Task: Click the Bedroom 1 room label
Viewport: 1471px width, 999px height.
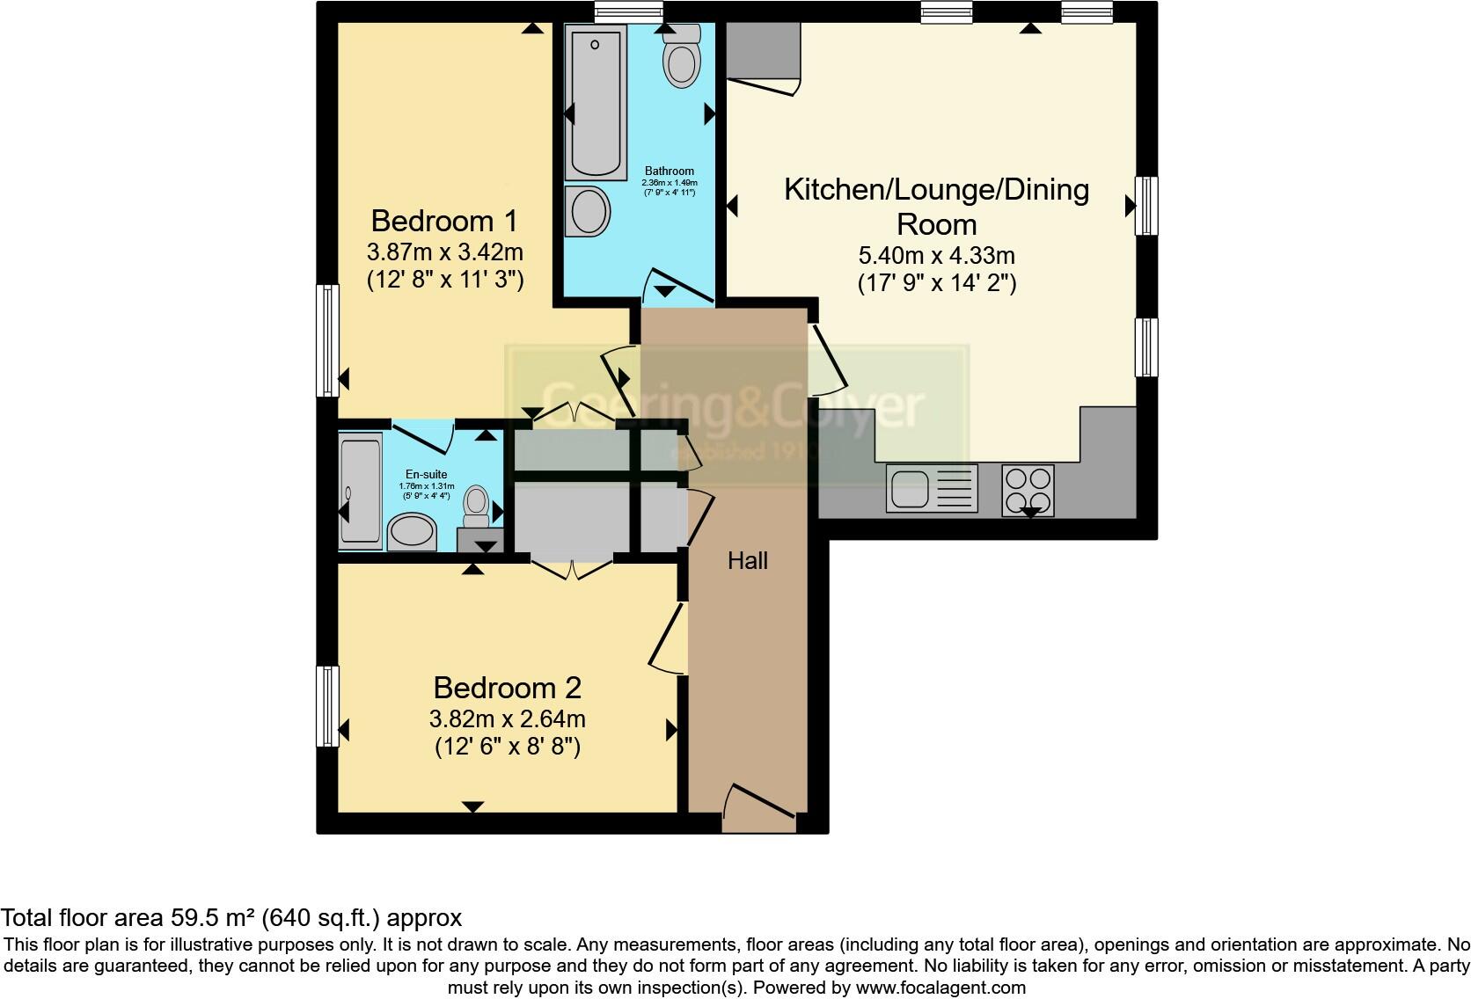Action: pyautogui.click(x=444, y=221)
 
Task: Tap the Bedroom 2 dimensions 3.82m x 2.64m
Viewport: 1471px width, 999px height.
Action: pyautogui.click(x=507, y=719)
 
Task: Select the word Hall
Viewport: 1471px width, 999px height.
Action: pyautogui.click(x=747, y=561)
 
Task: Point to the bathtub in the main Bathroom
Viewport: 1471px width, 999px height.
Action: pyautogui.click(x=596, y=101)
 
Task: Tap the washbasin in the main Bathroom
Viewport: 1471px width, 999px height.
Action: pyautogui.click(x=588, y=211)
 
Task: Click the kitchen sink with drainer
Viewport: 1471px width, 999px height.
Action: pyautogui.click(x=932, y=488)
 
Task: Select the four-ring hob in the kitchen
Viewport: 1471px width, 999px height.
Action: pyautogui.click(x=1028, y=489)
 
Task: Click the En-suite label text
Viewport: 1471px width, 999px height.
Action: pyautogui.click(x=426, y=475)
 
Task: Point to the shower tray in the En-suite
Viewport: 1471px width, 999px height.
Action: pyautogui.click(x=361, y=492)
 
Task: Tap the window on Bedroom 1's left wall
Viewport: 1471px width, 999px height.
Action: pyautogui.click(x=327, y=339)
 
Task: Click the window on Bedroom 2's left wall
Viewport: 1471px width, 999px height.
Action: pyautogui.click(x=327, y=706)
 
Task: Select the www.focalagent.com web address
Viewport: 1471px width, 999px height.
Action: pyautogui.click(x=940, y=988)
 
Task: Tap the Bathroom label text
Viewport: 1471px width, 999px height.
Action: pyautogui.click(x=669, y=171)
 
